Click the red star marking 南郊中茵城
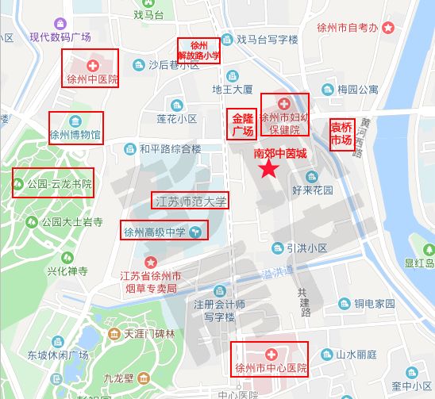pos(270,168)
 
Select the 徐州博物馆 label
pos(75,135)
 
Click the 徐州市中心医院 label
pos(270,369)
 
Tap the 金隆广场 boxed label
pos(243,125)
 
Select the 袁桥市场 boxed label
pos(341,133)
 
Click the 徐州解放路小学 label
pos(198,50)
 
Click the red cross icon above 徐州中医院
pos(92,63)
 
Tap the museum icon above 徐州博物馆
pos(76,121)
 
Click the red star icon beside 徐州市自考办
pos(387,28)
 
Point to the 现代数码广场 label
pos(60,37)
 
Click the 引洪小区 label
pos(308,247)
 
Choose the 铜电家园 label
pos(374,303)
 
